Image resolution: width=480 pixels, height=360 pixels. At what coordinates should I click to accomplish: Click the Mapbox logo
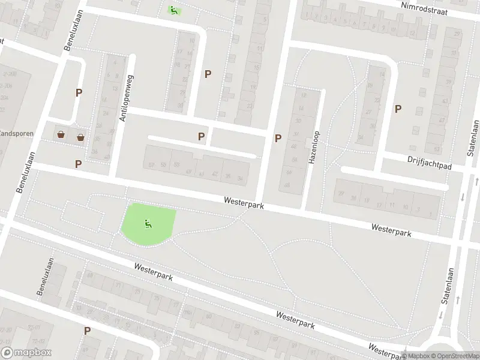(26, 353)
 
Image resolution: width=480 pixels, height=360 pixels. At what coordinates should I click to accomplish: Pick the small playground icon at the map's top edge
(173, 10)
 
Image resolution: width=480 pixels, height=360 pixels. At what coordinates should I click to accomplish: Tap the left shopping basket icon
(61, 134)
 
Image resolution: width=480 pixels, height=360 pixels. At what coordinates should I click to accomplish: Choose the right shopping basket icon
(80, 137)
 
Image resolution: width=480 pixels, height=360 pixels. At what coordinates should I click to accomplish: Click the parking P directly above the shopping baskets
(79, 92)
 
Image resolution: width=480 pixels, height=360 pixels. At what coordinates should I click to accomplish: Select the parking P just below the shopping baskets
(79, 164)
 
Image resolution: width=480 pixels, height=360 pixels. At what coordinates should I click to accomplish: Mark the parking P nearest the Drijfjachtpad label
(398, 109)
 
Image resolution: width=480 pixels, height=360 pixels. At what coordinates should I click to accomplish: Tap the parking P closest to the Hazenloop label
(278, 138)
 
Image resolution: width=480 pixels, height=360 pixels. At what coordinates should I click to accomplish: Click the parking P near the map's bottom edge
(88, 331)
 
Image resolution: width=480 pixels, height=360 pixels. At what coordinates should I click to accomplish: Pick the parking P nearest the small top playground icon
(208, 74)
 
